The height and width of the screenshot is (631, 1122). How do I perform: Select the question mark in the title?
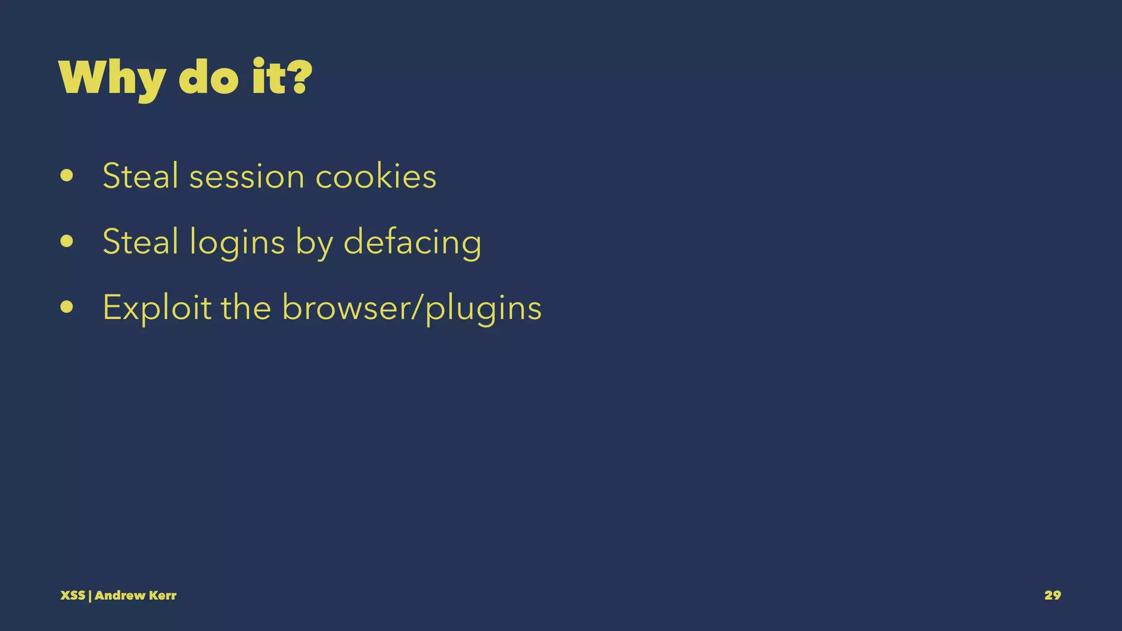click(299, 78)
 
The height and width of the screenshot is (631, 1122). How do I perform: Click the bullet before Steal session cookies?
click(67, 176)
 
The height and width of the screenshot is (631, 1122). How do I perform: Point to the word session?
click(247, 177)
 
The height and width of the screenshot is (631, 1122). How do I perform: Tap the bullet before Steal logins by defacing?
click(67, 242)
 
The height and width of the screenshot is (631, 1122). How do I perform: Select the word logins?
click(237, 243)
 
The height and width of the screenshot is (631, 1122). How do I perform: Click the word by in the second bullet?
click(314, 243)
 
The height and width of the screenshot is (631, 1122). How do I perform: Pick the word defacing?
click(412, 243)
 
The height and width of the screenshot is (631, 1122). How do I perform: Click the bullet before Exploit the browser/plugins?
click(67, 307)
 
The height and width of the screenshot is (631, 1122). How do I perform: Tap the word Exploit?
click(157, 308)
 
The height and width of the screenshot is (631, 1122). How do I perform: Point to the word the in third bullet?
click(246, 307)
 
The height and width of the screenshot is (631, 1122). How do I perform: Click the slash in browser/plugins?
click(418, 308)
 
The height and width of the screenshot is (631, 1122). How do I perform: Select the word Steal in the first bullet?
click(140, 176)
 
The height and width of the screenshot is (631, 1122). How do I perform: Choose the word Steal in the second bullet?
click(140, 242)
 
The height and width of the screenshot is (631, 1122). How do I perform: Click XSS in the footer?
click(72, 595)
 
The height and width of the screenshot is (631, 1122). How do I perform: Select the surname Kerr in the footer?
click(162, 595)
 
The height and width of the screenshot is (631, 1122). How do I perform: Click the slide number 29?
click(1052, 595)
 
